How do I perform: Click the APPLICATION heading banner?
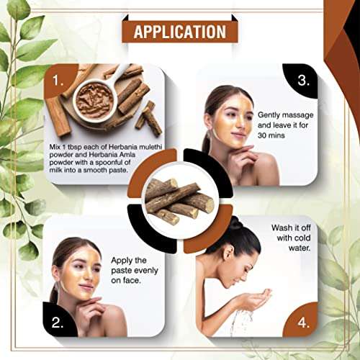[179, 32]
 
